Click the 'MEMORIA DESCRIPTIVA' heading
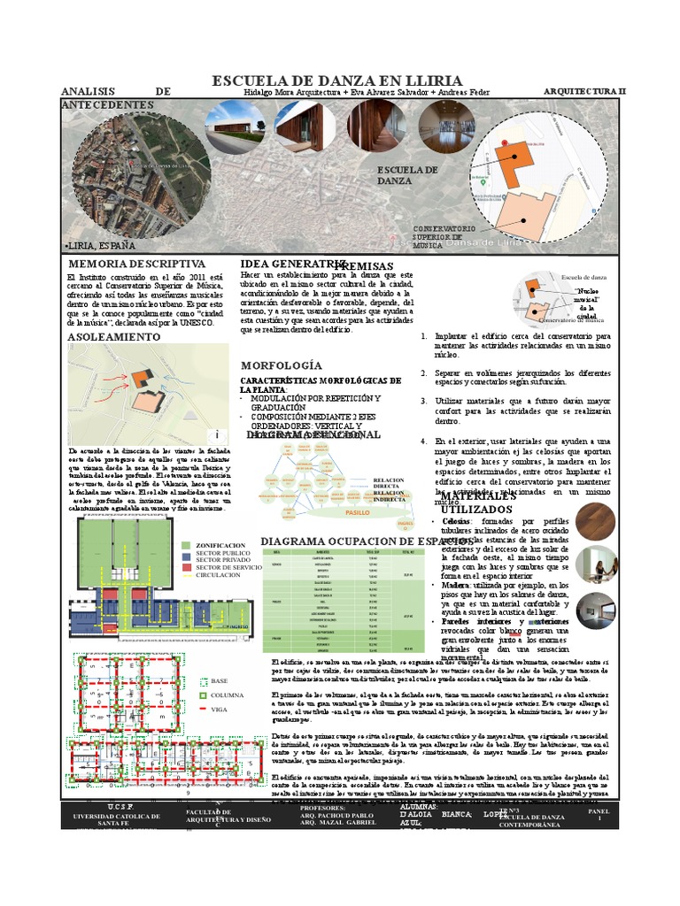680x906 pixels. point(136,264)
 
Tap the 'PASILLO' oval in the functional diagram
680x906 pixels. point(357,511)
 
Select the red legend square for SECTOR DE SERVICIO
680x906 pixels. point(185,566)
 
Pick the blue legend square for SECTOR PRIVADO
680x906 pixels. point(185,559)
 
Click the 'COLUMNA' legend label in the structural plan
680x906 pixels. point(228,695)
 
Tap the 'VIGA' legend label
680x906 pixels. point(220,709)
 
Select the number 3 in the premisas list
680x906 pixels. point(424,401)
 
